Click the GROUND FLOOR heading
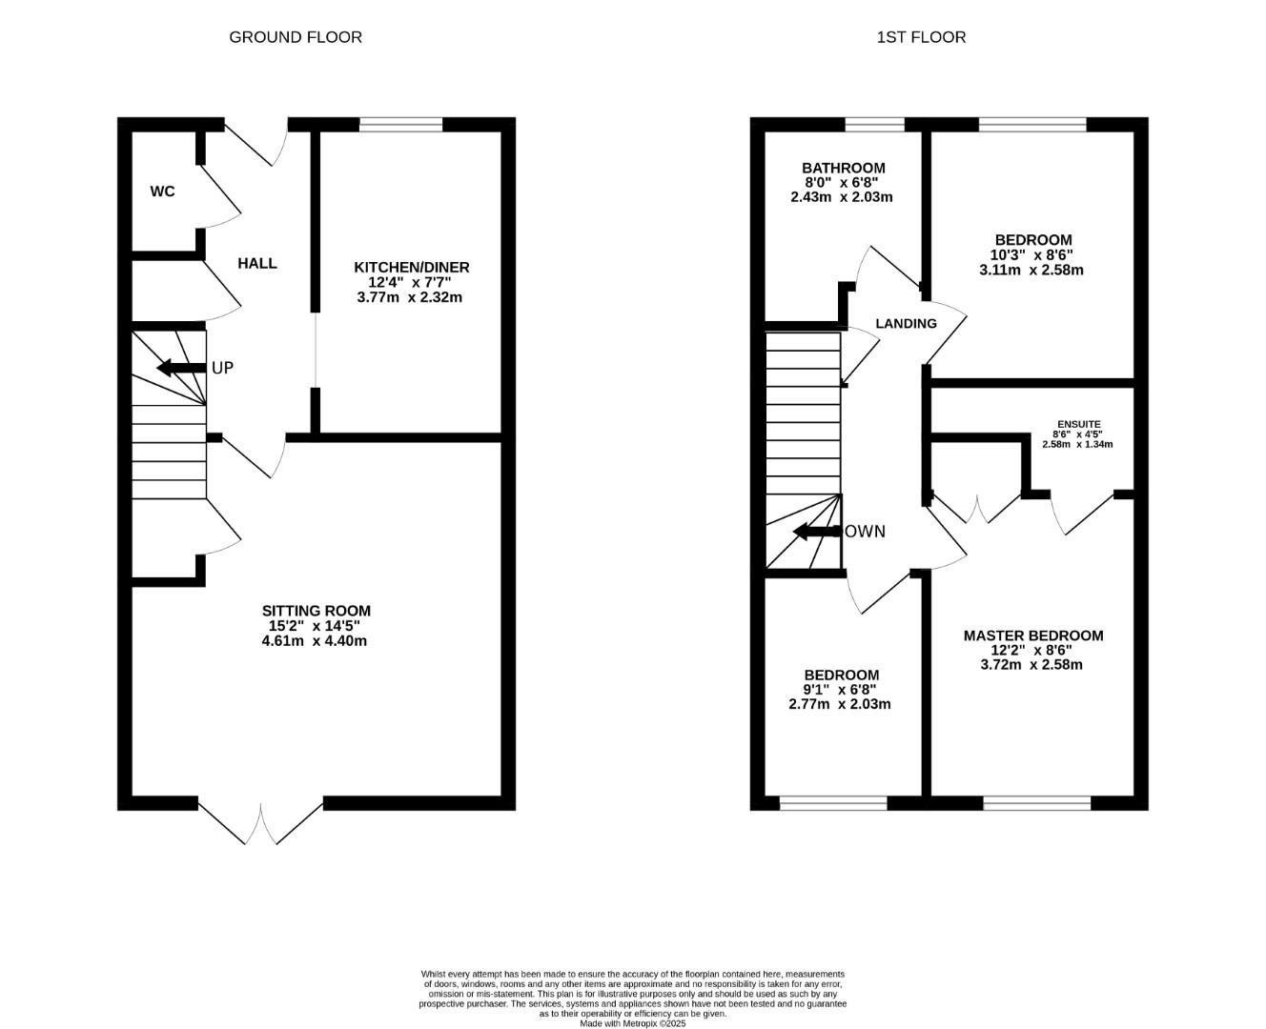(x=296, y=37)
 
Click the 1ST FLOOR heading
(x=921, y=37)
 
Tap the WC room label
(x=163, y=192)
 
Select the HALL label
(x=257, y=263)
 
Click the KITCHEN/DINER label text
(x=412, y=268)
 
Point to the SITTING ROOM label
(x=316, y=611)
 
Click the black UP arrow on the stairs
(x=180, y=368)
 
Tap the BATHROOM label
(x=843, y=168)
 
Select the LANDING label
(x=906, y=323)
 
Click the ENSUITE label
(x=1078, y=424)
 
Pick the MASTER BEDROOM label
(x=1033, y=636)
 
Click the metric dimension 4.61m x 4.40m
(x=315, y=641)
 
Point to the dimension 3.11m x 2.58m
(x=1031, y=271)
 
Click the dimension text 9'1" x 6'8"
(x=840, y=690)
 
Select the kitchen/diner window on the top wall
(x=401, y=124)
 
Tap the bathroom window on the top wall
(x=874, y=124)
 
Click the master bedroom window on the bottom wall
(x=1036, y=803)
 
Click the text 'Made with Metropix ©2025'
(x=633, y=1023)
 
